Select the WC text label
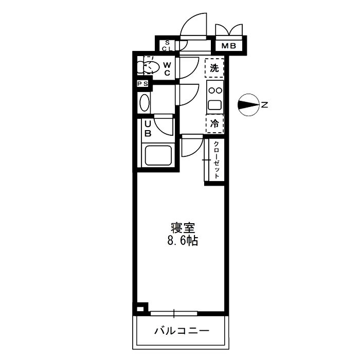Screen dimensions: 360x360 [x=167, y=68]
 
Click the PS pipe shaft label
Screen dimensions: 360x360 [x=142, y=84]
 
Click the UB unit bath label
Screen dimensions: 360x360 [x=148, y=128]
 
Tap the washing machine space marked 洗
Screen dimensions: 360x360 [x=214, y=67]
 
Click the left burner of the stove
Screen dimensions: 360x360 [x=210, y=91]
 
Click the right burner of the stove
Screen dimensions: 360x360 [x=219, y=91]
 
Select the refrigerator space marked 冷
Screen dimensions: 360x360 [x=215, y=123]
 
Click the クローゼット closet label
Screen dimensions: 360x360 [x=217, y=159]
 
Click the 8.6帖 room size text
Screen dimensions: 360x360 [x=182, y=240]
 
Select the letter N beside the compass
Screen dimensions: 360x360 [x=264, y=105]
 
